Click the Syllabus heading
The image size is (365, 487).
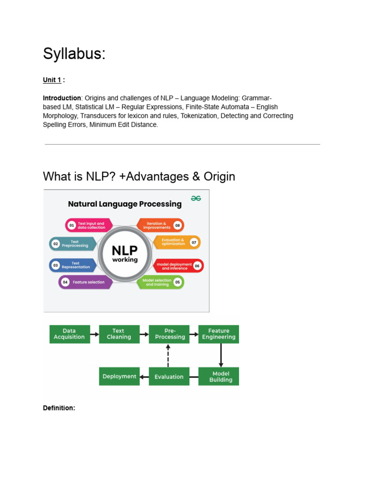tap(74, 54)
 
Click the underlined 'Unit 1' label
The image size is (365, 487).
tap(52, 80)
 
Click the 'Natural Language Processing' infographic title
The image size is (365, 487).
tap(125, 204)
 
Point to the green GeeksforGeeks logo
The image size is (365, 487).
tap(196, 198)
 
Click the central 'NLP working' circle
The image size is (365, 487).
tap(125, 253)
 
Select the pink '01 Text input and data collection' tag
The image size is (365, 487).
tap(88, 225)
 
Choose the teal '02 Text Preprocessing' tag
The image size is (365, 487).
tap(73, 243)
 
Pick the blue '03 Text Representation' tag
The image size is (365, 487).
tap(73, 265)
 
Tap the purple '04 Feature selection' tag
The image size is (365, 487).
tap(86, 282)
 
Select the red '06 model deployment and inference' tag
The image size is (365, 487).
tap(178, 266)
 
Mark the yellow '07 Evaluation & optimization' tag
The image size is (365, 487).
tap(176, 242)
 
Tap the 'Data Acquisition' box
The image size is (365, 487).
tap(69, 334)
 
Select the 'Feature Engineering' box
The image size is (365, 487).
tap(219, 334)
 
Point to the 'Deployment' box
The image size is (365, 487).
tap(119, 376)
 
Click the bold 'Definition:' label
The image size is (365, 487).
tap(59, 408)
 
